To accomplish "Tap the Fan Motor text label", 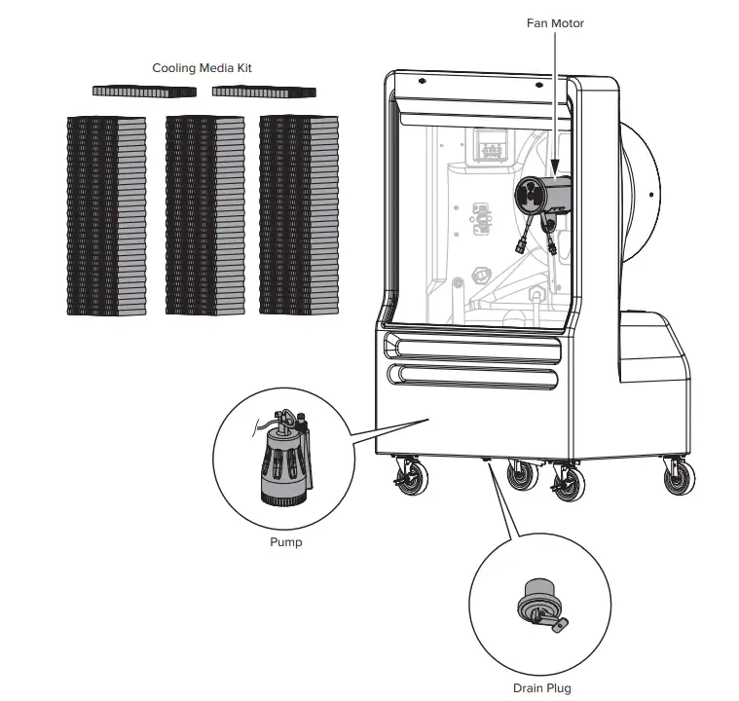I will (555, 22).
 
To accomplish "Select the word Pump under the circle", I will (285, 542).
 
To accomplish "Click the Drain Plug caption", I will (542, 688).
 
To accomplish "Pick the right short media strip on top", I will (264, 92).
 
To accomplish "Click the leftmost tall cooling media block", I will (106, 214).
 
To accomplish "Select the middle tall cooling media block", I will (204, 214).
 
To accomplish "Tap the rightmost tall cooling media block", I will (299, 214).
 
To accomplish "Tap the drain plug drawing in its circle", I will (537, 605).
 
